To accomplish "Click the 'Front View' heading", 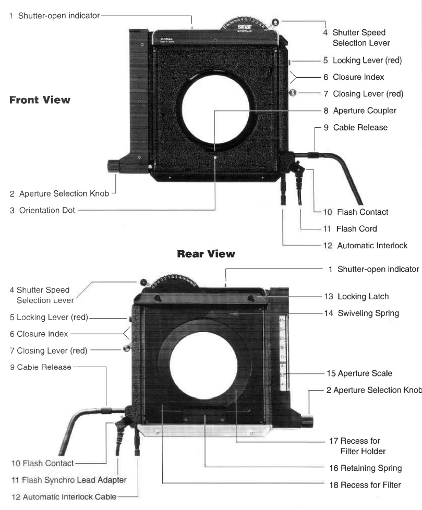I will point(40,100).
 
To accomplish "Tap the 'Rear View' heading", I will point(206,254).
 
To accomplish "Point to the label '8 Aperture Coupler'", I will point(360,111).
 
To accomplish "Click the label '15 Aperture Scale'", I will point(359,373).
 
